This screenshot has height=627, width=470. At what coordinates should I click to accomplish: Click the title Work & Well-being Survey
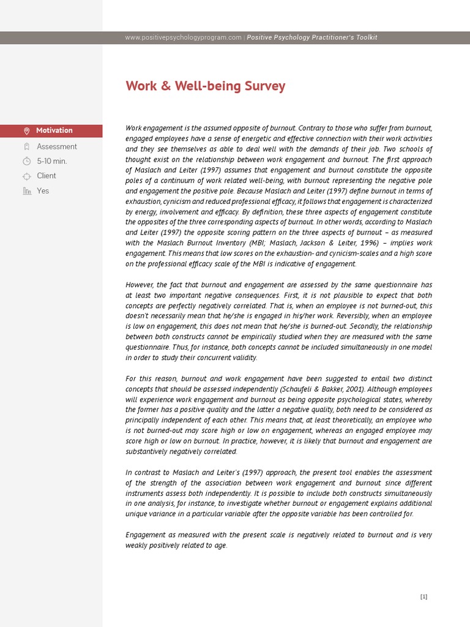[206, 86]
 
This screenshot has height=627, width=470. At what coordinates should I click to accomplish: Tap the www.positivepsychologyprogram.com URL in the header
[183, 38]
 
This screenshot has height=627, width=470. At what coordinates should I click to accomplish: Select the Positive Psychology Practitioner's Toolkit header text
[312, 38]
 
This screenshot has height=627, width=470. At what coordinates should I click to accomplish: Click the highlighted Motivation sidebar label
[54, 130]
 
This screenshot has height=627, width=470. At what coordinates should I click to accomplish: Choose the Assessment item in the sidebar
[56, 146]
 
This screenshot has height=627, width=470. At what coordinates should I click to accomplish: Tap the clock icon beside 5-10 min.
[26, 162]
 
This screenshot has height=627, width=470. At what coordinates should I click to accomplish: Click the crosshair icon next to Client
[26, 176]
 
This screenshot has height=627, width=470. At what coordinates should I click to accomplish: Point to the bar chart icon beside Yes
[26, 191]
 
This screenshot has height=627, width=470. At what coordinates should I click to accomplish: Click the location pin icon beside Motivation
[26, 131]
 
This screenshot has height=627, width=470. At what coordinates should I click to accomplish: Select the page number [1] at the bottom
[423, 597]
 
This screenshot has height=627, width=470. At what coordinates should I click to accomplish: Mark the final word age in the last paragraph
[220, 546]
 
